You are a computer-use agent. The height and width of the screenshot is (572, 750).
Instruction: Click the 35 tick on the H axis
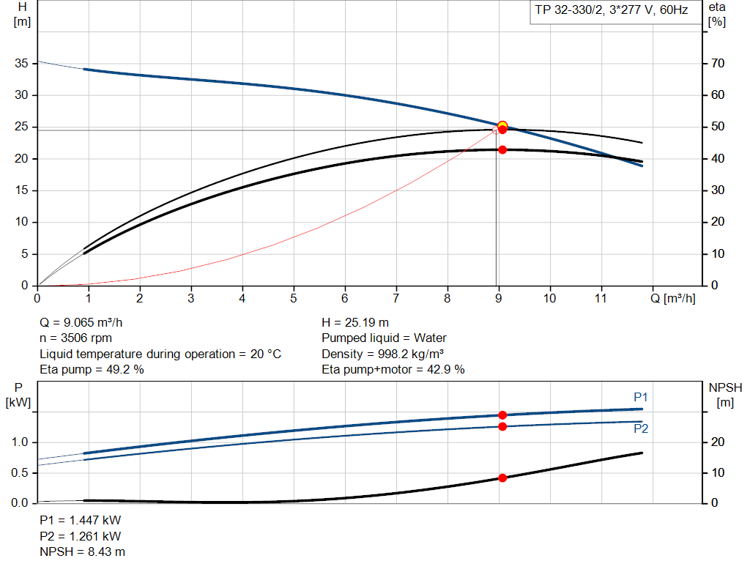click(21, 64)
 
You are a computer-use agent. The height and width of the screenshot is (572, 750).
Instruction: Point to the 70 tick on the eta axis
click(717, 64)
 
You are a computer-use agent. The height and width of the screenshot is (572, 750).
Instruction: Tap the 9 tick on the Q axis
click(499, 298)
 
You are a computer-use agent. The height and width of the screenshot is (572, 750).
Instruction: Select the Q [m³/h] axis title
click(678, 298)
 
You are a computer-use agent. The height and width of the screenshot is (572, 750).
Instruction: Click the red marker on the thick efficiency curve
click(502, 149)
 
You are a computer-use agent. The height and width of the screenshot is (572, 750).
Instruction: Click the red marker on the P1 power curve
click(502, 415)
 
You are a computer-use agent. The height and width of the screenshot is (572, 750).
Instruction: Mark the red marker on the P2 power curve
click(502, 426)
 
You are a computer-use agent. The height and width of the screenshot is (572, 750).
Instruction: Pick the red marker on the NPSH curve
click(502, 478)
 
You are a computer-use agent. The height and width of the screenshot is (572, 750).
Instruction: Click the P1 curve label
click(641, 397)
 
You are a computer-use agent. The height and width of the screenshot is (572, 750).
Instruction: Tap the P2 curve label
click(641, 429)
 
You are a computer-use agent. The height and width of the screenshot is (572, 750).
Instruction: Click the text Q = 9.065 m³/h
click(86, 322)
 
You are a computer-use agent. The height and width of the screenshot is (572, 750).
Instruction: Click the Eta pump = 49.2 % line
click(92, 370)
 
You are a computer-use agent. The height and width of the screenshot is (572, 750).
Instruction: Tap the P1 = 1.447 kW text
click(80, 520)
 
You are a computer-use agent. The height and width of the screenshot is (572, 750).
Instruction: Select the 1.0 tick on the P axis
click(20, 442)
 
